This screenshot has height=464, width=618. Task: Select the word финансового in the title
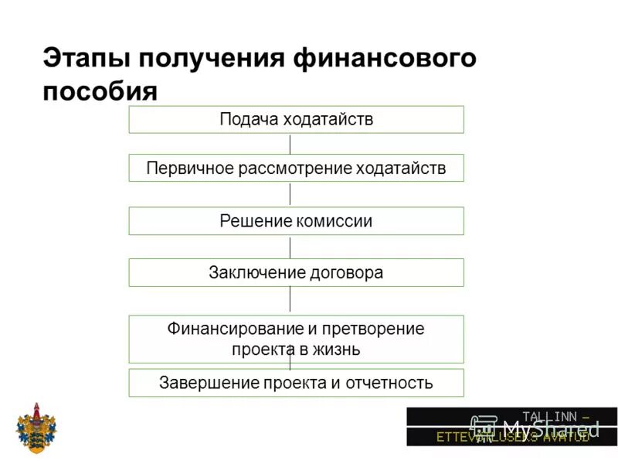(x=385, y=59)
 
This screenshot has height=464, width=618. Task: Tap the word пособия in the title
(x=100, y=91)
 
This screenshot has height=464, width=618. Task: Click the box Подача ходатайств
(x=296, y=120)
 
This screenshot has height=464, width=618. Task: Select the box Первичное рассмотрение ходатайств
(x=296, y=169)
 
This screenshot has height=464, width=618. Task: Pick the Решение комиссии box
(x=296, y=221)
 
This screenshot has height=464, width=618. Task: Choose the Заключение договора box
(x=296, y=273)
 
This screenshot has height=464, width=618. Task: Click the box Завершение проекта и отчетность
(x=296, y=383)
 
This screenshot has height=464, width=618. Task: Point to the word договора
(x=346, y=273)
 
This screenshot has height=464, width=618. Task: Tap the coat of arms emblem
(x=36, y=428)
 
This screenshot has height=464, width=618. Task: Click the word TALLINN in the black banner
(x=547, y=416)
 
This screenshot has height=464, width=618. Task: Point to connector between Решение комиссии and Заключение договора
(x=290, y=247)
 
